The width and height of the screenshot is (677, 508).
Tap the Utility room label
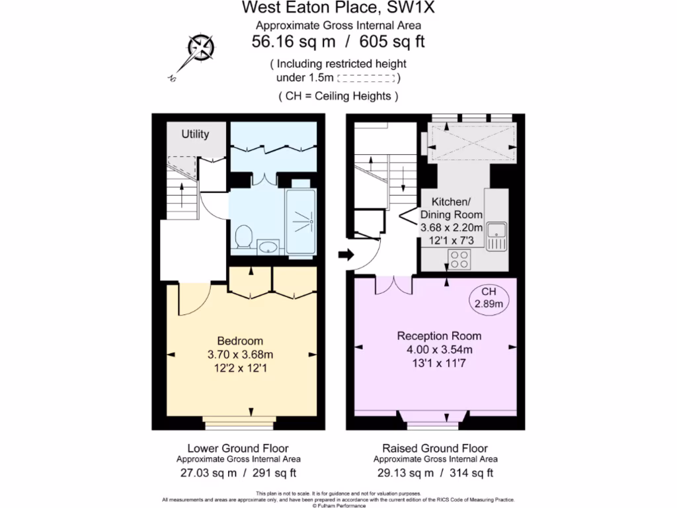click(196, 134)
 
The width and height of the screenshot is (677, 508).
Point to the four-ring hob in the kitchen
click(459, 259)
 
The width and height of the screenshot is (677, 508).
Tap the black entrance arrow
click(345, 255)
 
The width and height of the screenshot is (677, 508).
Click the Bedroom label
click(240, 341)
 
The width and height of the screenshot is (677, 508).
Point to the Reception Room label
click(438, 335)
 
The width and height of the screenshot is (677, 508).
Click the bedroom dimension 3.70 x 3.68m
click(240, 355)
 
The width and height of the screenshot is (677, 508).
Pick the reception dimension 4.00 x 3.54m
click(438, 349)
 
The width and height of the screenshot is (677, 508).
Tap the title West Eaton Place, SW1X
click(340, 9)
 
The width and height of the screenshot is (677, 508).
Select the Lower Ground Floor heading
click(238, 448)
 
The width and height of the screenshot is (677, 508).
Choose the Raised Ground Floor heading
click(435, 448)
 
